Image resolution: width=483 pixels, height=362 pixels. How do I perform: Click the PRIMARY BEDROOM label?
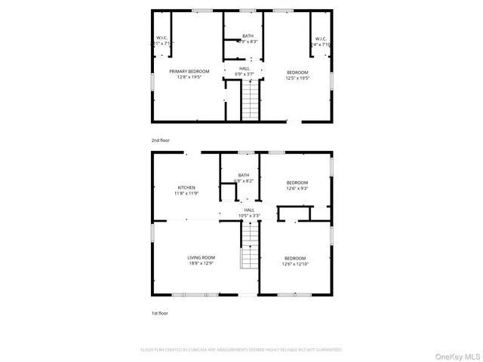[x=189, y=71]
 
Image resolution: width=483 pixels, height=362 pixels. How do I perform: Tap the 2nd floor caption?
[x=160, y=140]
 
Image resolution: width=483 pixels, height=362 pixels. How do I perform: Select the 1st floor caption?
[x=159, y=312]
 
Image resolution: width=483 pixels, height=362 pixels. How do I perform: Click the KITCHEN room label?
[x=186, y=187]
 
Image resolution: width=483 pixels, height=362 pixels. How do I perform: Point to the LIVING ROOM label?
[x=202, y=258]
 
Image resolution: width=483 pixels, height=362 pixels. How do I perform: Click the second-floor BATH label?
[x=248, y=35]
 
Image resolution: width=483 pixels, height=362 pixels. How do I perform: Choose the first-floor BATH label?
[x=244, y=175]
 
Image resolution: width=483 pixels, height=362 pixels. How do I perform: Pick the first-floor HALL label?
[x=249, y=210]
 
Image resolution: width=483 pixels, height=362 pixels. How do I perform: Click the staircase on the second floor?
[x=250, y=100]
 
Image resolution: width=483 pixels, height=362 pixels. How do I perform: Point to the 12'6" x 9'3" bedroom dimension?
[x=297, y=189]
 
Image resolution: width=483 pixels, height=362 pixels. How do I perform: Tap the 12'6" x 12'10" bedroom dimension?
[x=295, y=264]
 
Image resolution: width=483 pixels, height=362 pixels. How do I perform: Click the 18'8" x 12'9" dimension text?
[x=202, y=264]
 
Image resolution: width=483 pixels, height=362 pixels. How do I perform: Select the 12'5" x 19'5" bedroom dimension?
[x=297, y=77]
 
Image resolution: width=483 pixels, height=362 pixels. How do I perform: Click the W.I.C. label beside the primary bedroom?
[x=162, y=38]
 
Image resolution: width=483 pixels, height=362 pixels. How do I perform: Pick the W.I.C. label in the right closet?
[x=321, y=38]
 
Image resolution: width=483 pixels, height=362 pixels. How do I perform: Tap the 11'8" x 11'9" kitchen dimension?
[x=186, y=193]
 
